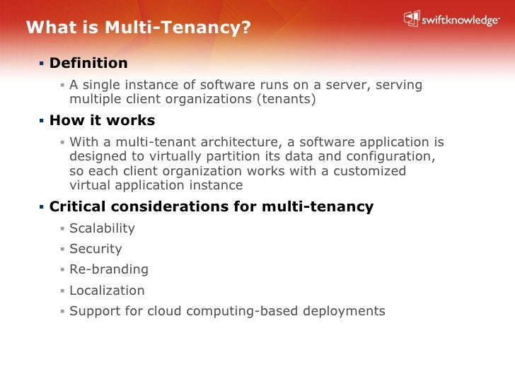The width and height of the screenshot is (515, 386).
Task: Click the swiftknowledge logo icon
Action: [412, 19]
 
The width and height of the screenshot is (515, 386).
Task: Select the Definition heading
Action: [88, 63]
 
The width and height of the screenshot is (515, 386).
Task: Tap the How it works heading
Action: [102, 120]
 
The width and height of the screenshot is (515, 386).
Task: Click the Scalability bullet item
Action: [102, 228]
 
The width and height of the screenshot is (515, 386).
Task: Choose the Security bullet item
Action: [96, 249]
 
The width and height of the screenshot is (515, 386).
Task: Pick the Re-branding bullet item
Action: [109, 269]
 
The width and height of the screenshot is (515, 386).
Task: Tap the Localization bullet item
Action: [107, 290]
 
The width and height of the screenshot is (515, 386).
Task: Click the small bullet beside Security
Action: [62, 249]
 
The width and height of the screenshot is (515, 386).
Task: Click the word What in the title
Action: [47, 28]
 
